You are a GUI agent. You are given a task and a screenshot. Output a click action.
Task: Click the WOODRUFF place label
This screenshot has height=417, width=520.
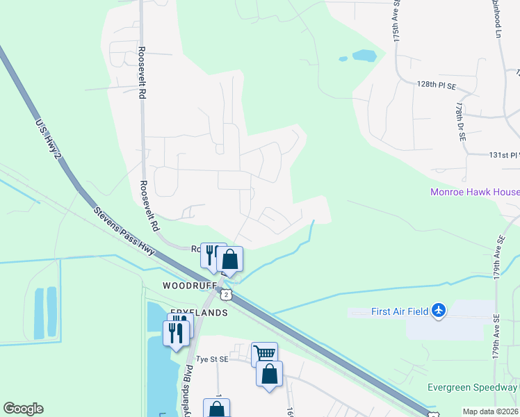point(186,286)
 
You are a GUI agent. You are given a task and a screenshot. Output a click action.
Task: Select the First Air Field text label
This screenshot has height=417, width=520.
point(389,311)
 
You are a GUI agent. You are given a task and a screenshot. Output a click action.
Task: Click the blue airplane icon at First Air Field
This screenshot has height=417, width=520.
point(438,310)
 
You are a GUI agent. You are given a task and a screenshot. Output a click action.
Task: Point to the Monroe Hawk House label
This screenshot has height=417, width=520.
point(474,193)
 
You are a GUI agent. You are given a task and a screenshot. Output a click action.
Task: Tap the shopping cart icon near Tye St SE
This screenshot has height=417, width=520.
point(264,354)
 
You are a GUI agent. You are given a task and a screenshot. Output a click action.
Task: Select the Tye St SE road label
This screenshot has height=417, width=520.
point(212,359)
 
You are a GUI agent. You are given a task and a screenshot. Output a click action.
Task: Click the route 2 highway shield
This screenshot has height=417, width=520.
point(227,295)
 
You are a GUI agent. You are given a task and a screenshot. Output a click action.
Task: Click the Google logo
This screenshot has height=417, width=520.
point(23,409)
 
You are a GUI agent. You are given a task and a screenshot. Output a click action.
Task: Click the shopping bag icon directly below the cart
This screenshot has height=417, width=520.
point(269,375)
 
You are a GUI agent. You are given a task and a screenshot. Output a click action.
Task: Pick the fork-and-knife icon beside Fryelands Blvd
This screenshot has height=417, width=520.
point(176,332)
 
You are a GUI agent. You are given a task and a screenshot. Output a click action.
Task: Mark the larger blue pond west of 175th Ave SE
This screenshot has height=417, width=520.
point(364,55)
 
